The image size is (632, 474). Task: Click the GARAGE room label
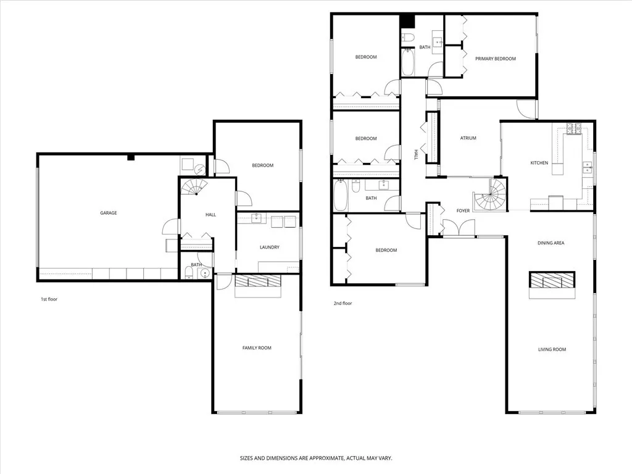click(x=109, y=213)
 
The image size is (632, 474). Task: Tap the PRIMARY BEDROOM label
click(x=495, y=59)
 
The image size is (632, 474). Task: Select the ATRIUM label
click(x=468, y=138)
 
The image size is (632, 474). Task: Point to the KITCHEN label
click(x=539, y=163)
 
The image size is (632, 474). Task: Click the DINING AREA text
click(x=551, y=243)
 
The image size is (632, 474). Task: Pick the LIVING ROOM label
click(x=551, y=350)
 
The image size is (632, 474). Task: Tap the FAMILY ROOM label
click(x=256, y=348)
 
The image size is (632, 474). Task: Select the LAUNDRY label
click(x=269, y=247)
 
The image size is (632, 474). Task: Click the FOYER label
click(x=463, y=211)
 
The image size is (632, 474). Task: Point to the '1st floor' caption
click(x=49, y=299)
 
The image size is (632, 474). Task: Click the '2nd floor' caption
click(x=343, y=304)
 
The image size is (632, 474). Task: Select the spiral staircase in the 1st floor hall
click(x=194, y=187)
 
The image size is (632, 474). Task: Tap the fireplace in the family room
click(x=258, y=282)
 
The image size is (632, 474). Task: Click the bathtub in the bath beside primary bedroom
click(x=408, y=63)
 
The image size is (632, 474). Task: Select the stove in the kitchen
click(x=574, y=129)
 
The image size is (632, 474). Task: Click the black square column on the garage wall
click(x=130, y=157)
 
